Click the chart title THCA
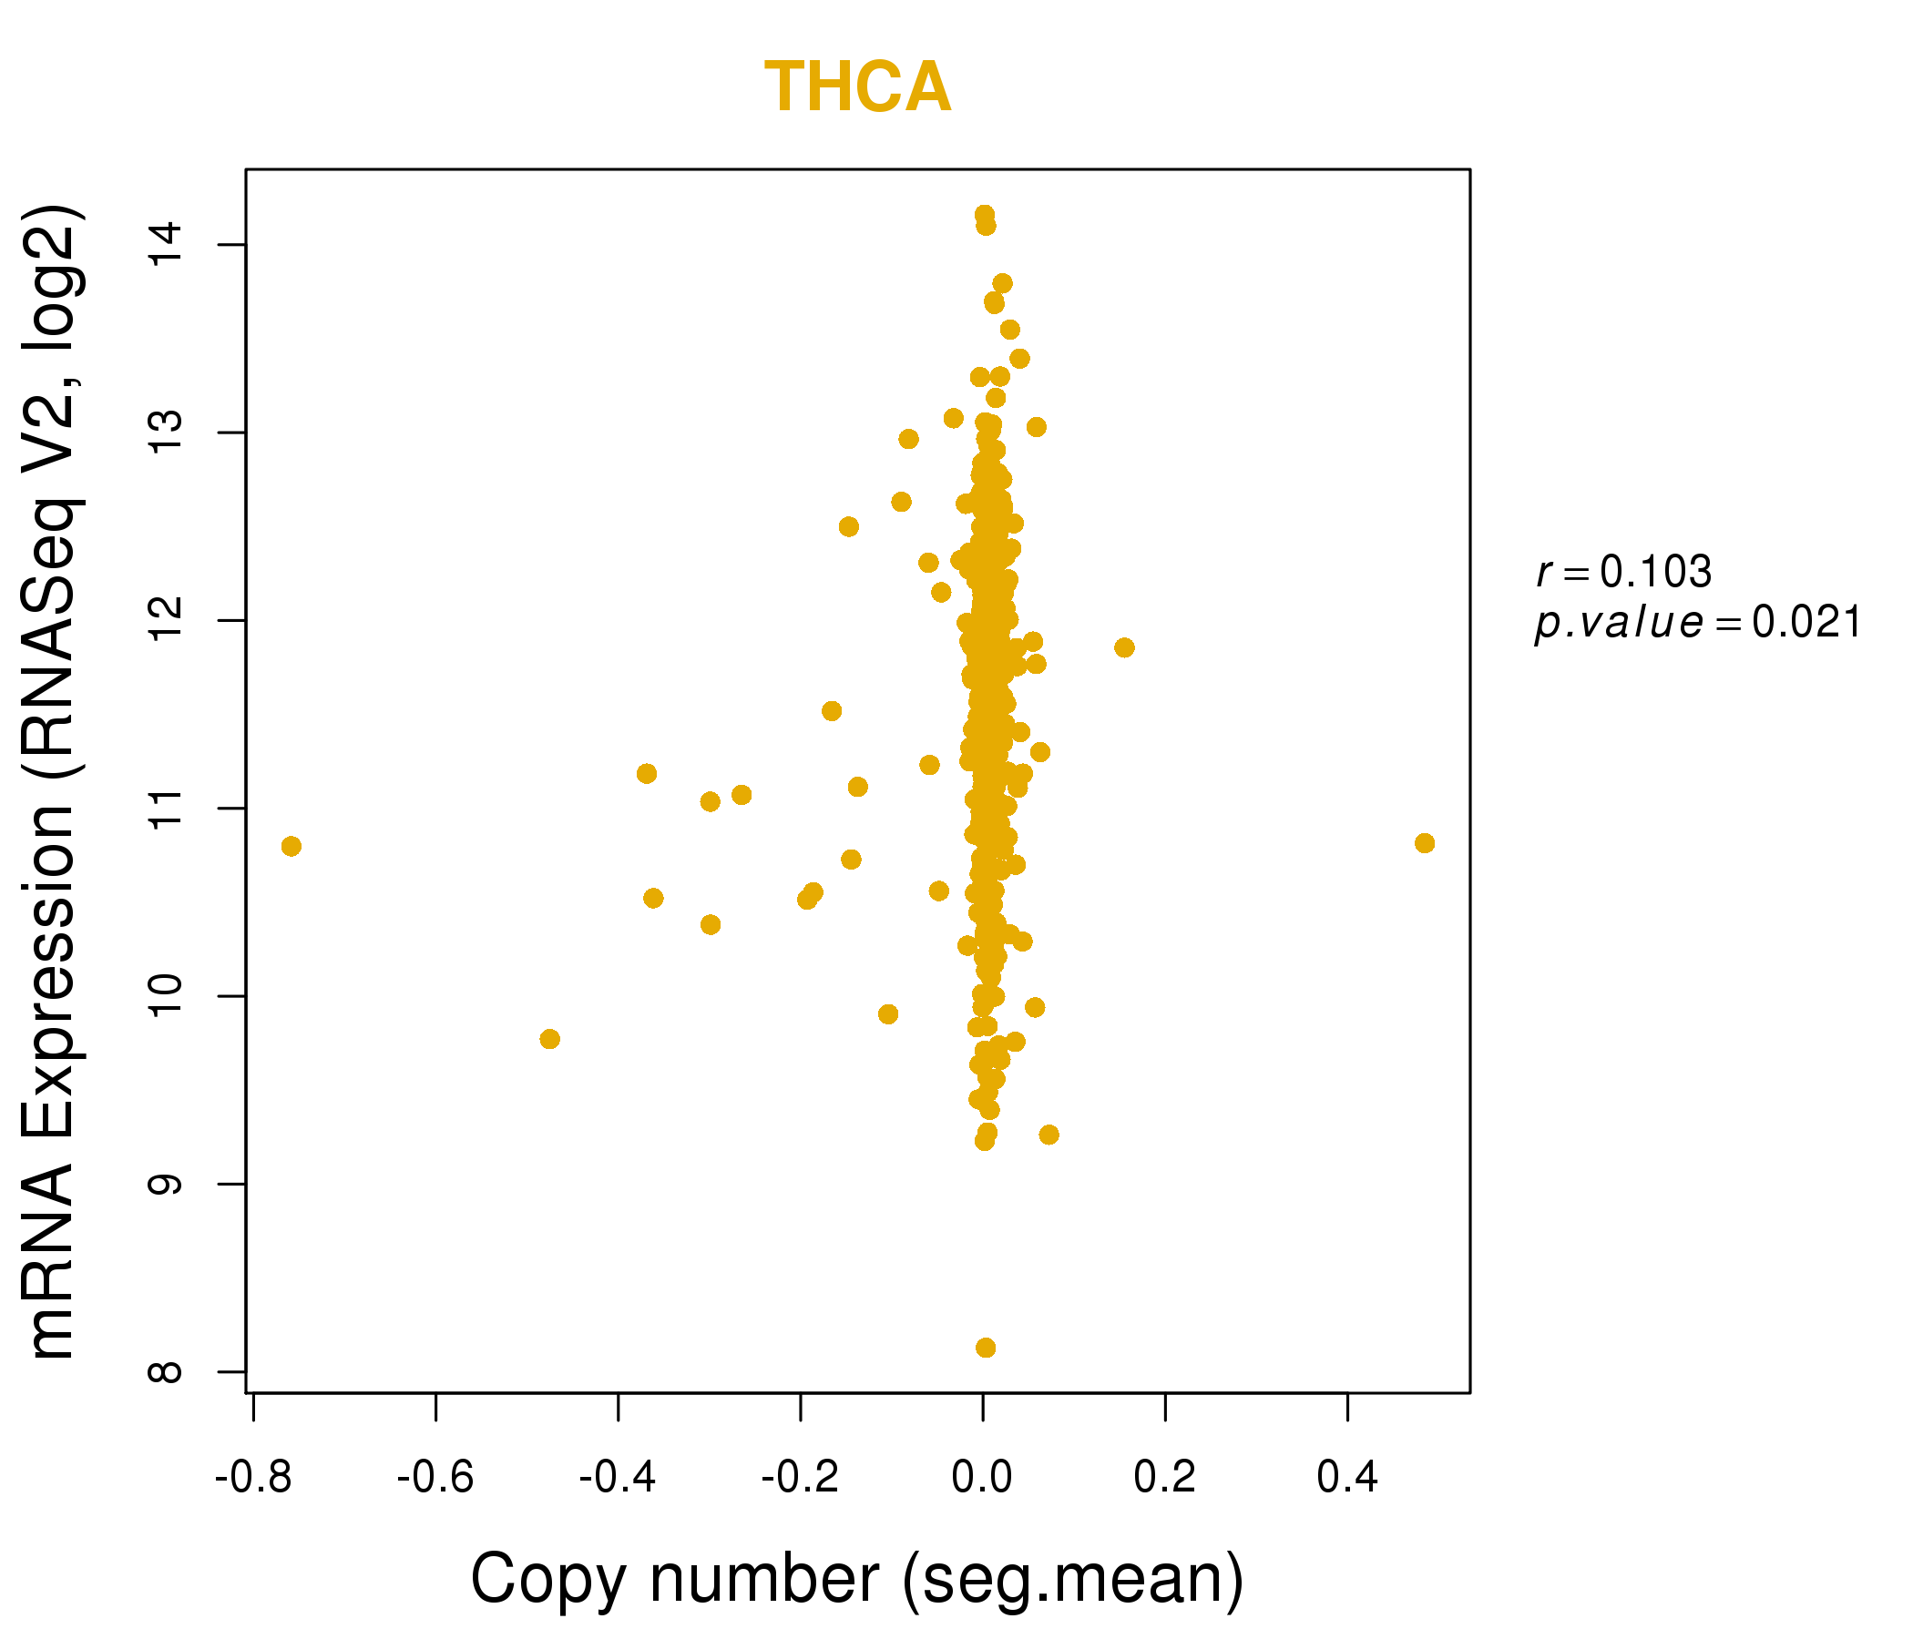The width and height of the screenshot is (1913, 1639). (x=857, y=87)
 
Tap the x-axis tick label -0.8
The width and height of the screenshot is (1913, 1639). (x=253, y=1478)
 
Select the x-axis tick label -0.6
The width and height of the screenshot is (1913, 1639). (x=435, y=1478)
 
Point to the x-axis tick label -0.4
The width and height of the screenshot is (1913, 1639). (x=617, y=1478)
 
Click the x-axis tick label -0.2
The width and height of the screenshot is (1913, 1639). (x=800, y=1478)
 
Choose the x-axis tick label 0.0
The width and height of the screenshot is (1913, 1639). (x=982, y=1478)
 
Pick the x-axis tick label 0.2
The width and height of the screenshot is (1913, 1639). (x=1164, y=1478)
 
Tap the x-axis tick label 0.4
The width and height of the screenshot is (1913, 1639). (x=1347, y=1478)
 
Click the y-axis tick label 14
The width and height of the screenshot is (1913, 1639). (x=167, y=245)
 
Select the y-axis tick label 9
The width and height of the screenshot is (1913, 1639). (x=167, y=1184)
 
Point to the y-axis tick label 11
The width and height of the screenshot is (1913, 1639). (x=167, y=809)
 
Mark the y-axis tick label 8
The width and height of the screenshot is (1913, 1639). (x=167, y=1371)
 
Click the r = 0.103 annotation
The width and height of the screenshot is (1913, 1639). (x=1624, y=572)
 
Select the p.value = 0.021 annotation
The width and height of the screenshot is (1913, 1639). (x=1697, y=623)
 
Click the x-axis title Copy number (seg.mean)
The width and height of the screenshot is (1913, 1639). (x=857, y=1579)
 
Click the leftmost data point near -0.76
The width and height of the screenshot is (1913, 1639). (x=291, y=846)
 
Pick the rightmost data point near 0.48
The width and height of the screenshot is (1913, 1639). (x=1425, y=842)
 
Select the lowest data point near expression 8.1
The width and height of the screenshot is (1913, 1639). (x=985, y=1348)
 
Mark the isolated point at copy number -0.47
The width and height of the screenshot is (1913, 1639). (x=549, y=1039)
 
